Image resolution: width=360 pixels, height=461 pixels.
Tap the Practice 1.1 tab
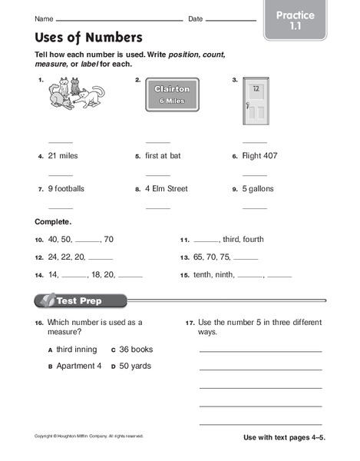295,21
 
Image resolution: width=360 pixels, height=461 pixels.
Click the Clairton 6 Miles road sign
171,95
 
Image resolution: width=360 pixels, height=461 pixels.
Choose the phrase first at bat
163,156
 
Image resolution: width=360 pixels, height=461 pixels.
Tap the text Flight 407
260,156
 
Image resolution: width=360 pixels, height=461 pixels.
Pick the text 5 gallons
259,189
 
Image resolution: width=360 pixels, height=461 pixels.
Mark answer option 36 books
137,349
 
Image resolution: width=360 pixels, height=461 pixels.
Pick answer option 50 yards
135,366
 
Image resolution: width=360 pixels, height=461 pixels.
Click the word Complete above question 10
53,222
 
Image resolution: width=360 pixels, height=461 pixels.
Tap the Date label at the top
196,18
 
